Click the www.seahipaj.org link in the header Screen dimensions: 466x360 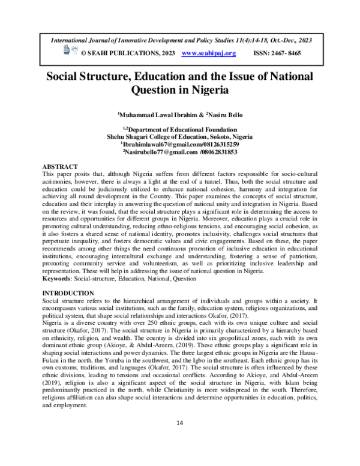pyautogui.click(x=208, y=53)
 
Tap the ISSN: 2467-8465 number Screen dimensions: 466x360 pyautogui.click(x=277, y=53)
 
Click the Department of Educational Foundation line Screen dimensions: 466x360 pyautogui.click(x=180, y=129)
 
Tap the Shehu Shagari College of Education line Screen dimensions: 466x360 pyautogui.click(x=180, y=136)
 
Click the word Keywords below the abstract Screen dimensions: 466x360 pyautogui.click(x=55, y=279)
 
